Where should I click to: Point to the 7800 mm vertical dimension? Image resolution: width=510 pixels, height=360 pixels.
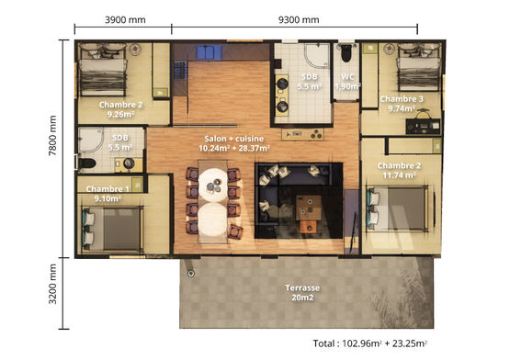(54, 146)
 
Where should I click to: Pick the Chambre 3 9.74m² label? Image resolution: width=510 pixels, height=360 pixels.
(402, 103)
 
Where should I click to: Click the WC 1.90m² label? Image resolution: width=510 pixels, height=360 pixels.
(346, 82)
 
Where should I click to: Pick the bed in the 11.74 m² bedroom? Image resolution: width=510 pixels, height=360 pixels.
(398, 208)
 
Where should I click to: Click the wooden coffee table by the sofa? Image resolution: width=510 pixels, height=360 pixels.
(312, 203)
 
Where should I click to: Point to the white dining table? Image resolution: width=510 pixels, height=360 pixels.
(212, 197)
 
